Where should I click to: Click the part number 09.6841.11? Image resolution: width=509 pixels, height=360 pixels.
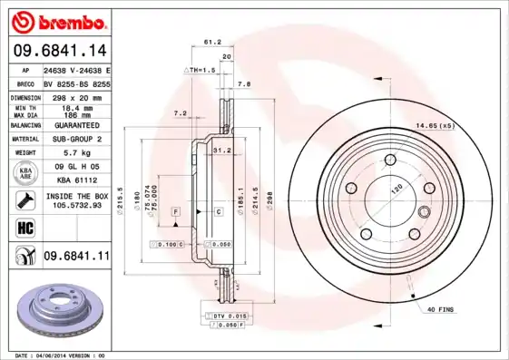[76, 258]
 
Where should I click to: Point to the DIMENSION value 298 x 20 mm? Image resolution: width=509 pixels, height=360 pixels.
[76, 97]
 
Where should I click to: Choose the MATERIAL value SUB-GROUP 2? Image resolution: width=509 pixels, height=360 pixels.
[76, 140]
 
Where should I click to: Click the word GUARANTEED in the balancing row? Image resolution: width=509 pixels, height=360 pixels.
[76, 126]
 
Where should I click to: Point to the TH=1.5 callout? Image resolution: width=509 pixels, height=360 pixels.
[201, 70]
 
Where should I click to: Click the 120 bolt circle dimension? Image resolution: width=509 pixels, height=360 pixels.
[396, 191]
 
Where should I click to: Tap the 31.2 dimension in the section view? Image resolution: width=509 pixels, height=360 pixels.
[219, 150]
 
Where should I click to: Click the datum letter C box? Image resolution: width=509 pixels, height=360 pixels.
[219, 211]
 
